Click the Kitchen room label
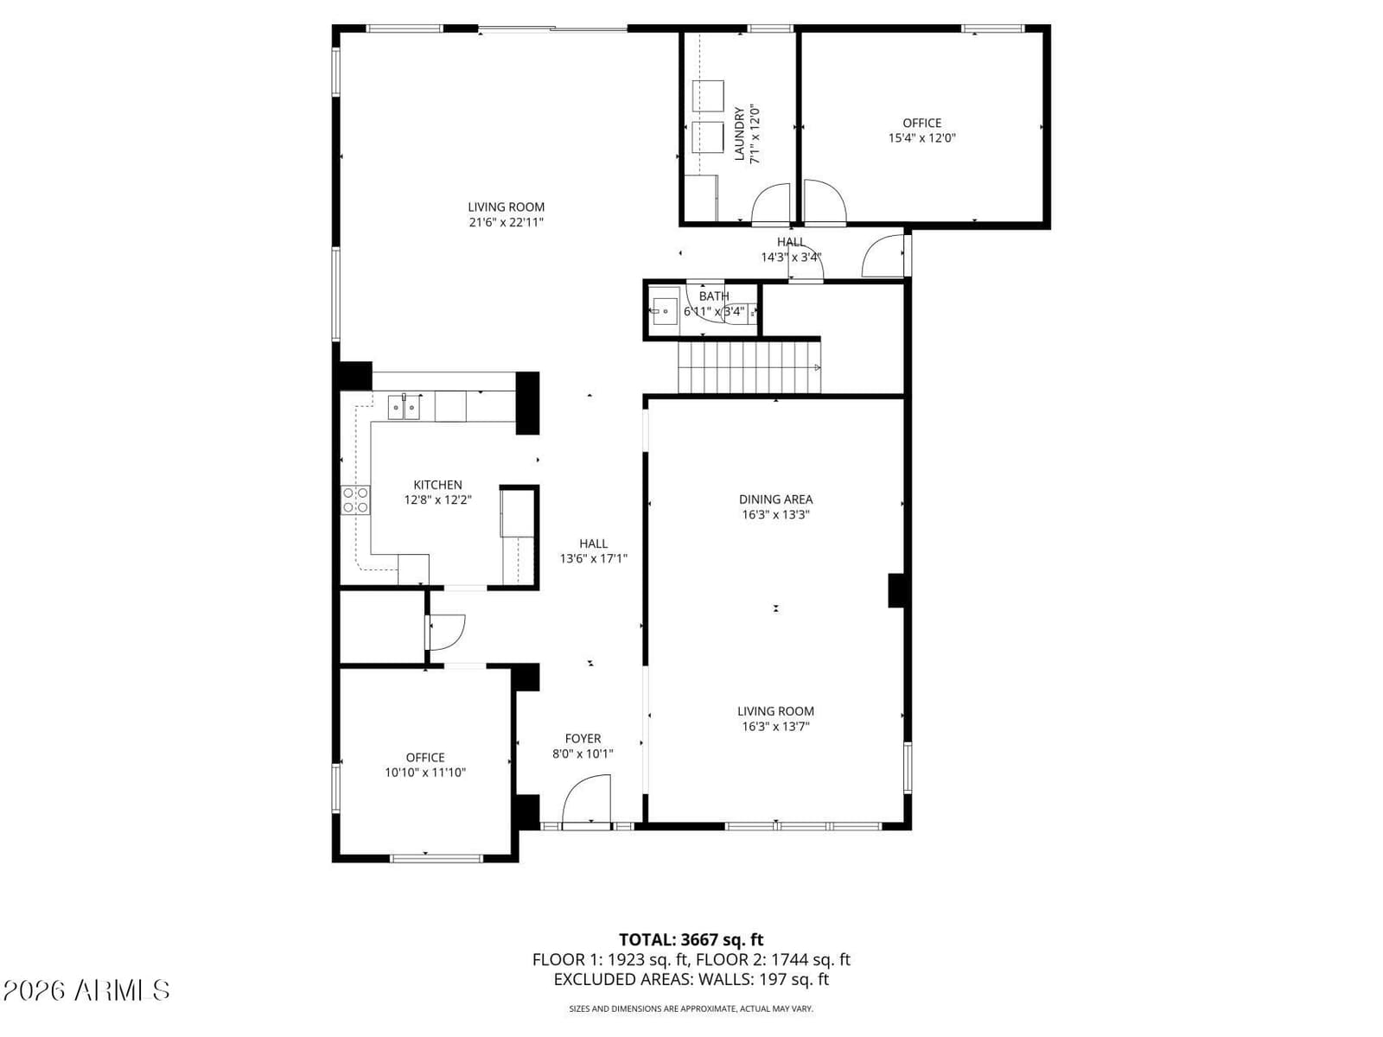point(437,485)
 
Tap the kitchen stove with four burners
point(355,500)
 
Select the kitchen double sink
point(404,407)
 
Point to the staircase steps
point(749,367)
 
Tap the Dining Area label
point(775,499)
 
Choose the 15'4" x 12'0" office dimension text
point(921,138)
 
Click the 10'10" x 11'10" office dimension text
point(425,773)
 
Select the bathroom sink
point(665,311)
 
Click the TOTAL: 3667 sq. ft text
point(691,939)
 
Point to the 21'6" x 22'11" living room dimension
point(506,222)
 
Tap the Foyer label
point(583,739)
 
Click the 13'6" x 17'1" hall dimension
point(594,558)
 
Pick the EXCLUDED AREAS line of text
point(691,979)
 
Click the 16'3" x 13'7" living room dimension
point(775,726)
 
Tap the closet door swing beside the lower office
point(446,633)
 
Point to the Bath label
point(714,296)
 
